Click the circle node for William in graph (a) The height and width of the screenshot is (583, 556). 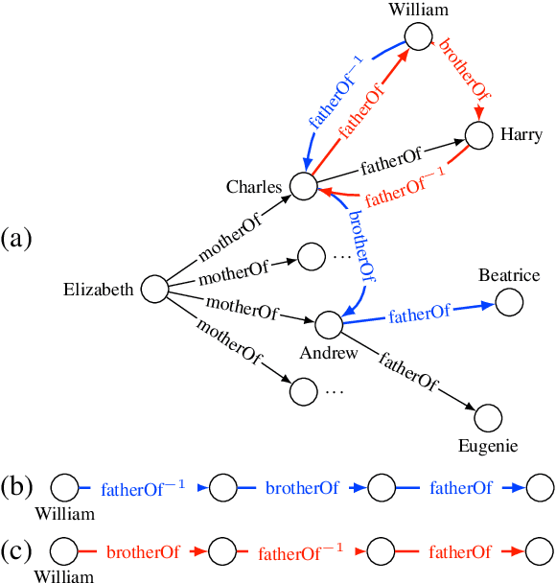tap(418, 38)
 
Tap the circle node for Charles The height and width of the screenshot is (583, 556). tap(303, 186)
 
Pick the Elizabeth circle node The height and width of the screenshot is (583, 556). tap(154, 289)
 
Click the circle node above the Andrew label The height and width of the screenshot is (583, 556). tap(328, 325)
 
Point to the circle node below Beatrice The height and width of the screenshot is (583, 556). tap(509, 302)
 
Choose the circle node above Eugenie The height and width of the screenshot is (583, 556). tap(488, 418)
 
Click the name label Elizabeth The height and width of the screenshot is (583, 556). tap(99, 289)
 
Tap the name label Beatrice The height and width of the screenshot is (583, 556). tap(509, 276)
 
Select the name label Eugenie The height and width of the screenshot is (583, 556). tap(488, 446)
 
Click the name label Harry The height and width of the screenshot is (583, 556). tap(521, 135)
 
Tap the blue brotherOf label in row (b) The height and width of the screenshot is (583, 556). tap(302, 488)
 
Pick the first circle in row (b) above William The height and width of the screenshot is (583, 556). tap(64, 487)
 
